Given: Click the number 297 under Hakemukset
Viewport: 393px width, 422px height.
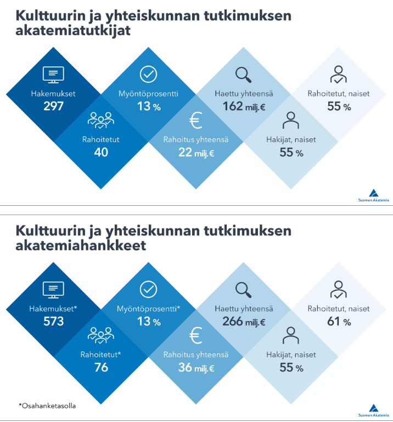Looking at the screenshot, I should pos(53,106).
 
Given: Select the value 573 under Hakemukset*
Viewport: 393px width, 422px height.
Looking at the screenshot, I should pos(53,321).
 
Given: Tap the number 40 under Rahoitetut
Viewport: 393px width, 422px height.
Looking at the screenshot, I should pos(101,152).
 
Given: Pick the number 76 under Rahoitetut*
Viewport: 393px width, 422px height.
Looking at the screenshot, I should pos(101,367).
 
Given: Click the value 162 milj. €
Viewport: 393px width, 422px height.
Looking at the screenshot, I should pos(244,106).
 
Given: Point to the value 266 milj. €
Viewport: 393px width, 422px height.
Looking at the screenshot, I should pos(244,321).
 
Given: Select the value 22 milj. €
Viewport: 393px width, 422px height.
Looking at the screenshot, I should pos(196,152).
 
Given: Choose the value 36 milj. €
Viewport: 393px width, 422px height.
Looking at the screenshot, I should pos(196,367).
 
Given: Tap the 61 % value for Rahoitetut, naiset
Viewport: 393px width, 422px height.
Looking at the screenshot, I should pos(339,321).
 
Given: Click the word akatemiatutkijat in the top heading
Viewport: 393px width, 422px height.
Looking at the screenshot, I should pos(73,31).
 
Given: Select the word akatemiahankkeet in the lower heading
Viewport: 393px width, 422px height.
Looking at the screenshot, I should pos(81,245).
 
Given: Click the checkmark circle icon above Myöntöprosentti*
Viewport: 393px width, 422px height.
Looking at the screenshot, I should pos(148,289).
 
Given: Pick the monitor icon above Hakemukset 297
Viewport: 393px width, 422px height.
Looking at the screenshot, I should pos(53,74).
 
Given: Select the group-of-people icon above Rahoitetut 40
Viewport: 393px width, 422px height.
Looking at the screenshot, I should pos(101,120).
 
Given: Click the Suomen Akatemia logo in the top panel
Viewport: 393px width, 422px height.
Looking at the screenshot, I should pos(373,196).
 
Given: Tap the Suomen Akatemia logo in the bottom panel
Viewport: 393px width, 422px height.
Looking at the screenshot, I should pos(373,410).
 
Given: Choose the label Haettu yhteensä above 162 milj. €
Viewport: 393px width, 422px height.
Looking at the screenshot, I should pos(244,93).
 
